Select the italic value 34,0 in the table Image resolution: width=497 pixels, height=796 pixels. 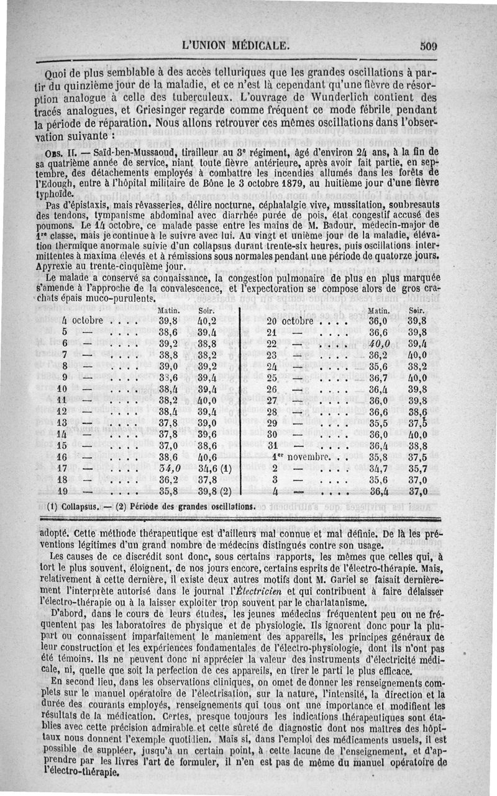pos(169,468)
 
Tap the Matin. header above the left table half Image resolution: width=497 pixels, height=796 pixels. pos(170,310)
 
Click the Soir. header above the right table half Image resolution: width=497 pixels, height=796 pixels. pos(416,310)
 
